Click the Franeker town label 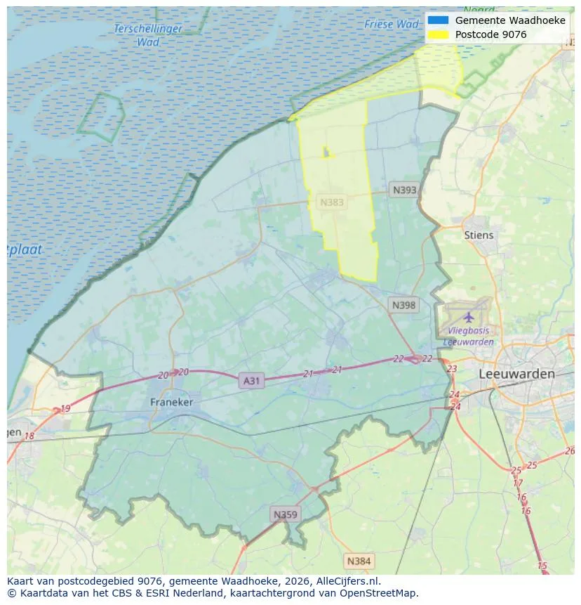pos(171,402)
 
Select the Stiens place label pos(479,235)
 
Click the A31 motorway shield pos(251,381)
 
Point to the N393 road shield pos(404,190)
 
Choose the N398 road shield pos(403,305)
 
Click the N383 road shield pos(332,202)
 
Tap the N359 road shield pos(286,515)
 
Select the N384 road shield pos(359,561)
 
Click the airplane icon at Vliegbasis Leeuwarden pos(468,316)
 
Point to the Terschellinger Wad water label pos(148,35)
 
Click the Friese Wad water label pos(392,25)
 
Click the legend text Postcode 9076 pos(490,34)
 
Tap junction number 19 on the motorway pos(65,408)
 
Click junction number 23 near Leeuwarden pos(452,368)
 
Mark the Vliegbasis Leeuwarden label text pos(468,336)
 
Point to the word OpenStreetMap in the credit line pos(377,593)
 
